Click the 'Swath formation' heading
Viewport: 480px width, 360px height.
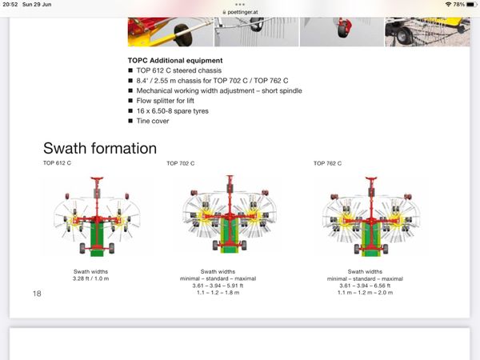100,148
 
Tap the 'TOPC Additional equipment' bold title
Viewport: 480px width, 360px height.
175,61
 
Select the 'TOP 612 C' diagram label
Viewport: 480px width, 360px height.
57,163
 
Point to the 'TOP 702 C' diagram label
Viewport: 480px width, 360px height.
181,163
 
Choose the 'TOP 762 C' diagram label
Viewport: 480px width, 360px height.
327,163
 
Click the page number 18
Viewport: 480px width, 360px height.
37,294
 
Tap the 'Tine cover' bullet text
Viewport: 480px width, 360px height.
153,121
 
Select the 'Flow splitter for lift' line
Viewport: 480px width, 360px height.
166,101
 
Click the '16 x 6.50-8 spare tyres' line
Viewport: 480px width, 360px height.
172,111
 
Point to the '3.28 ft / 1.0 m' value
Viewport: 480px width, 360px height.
90,278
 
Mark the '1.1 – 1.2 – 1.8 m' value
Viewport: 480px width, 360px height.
218,293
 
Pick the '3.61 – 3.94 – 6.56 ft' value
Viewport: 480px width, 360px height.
365,286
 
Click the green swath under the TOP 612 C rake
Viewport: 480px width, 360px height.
98,238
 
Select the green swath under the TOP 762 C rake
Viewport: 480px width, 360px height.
371,239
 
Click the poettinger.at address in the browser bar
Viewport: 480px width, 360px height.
242,12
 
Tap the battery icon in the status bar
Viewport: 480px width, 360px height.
472,5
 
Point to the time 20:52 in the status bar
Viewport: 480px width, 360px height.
10,5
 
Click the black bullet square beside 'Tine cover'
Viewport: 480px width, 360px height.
130,121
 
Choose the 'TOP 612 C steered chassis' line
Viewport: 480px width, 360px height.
178,70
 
